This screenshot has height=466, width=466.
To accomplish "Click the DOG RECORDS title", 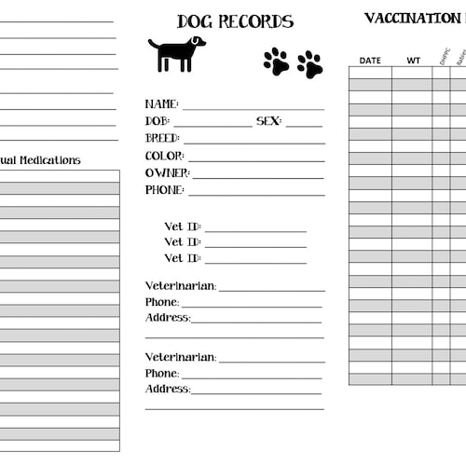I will (235, 21).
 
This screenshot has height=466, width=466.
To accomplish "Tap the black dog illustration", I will (176, 53).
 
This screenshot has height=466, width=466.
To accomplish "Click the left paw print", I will (276, 62).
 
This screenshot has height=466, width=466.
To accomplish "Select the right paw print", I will (309, 64).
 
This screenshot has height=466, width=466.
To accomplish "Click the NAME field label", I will (161, 104).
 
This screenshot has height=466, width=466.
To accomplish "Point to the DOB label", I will (158, 121).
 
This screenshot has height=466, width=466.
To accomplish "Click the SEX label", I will (268, 121).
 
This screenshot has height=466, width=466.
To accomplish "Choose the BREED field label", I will (162, 138).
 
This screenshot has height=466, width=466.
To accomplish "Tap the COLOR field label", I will (164, 156).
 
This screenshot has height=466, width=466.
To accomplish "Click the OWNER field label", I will (167, 172).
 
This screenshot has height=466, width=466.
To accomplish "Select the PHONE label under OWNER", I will (164, 190).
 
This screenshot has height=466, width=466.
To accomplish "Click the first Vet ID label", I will (182, 226).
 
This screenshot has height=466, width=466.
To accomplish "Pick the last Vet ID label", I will (182, 258).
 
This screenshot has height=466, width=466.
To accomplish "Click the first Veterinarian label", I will (180, 286).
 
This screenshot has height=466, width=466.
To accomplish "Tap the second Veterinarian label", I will (180, 357).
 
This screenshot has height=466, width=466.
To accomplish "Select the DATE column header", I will (370, 61).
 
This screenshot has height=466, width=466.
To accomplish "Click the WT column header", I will (413, 61).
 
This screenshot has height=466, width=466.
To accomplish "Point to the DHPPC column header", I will (442, 57).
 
